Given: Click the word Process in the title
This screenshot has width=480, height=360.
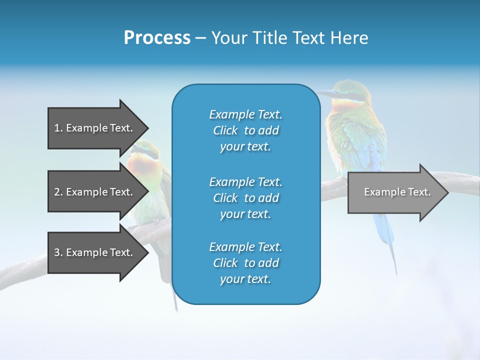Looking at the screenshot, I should coord(157,38).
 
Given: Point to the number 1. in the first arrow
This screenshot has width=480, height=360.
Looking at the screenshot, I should coord(58,128).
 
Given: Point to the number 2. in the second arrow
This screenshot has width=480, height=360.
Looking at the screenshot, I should coord(58,192).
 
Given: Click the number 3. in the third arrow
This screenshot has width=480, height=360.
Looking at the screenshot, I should coord(58,252).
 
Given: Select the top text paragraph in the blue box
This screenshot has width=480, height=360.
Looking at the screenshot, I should coord(245,130).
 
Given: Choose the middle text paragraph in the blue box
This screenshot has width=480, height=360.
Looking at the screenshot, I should coord(245,198).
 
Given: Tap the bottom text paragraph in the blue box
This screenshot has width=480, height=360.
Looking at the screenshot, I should coord(245,263).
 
